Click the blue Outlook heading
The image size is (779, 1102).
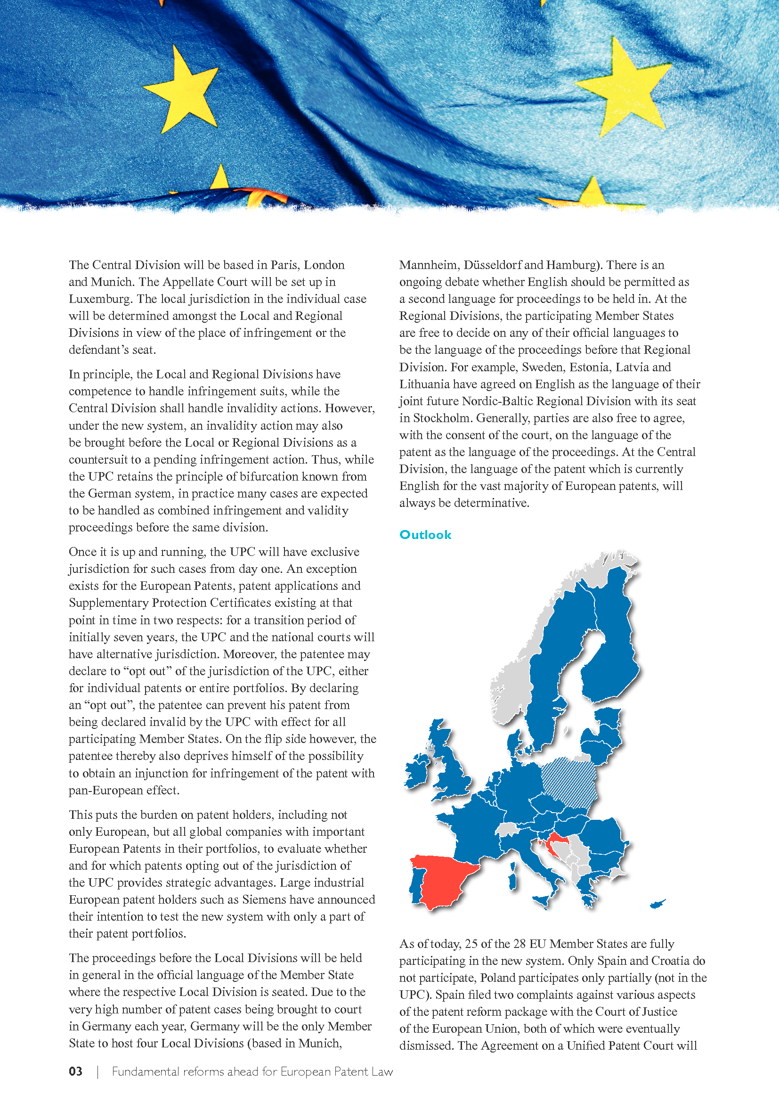click(425, 535)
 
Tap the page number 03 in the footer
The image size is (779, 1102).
click(76, 1071)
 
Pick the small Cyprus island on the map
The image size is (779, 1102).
click(657, 904)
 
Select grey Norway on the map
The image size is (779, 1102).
click(513, 682)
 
